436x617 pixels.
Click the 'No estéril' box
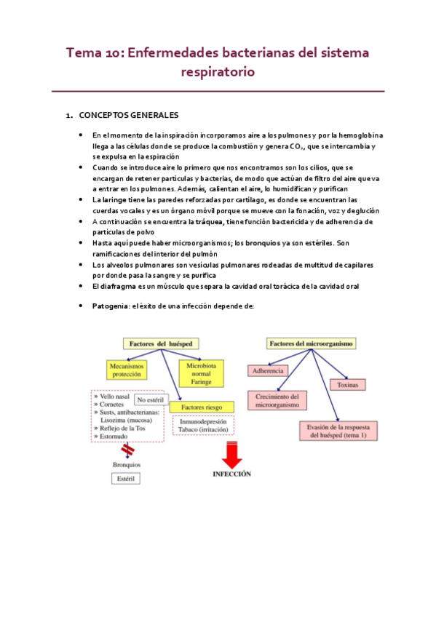click(x=151, y=399)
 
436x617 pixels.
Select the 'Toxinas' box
click(x=347, y=384)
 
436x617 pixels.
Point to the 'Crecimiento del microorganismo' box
click(x=277, y=400)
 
